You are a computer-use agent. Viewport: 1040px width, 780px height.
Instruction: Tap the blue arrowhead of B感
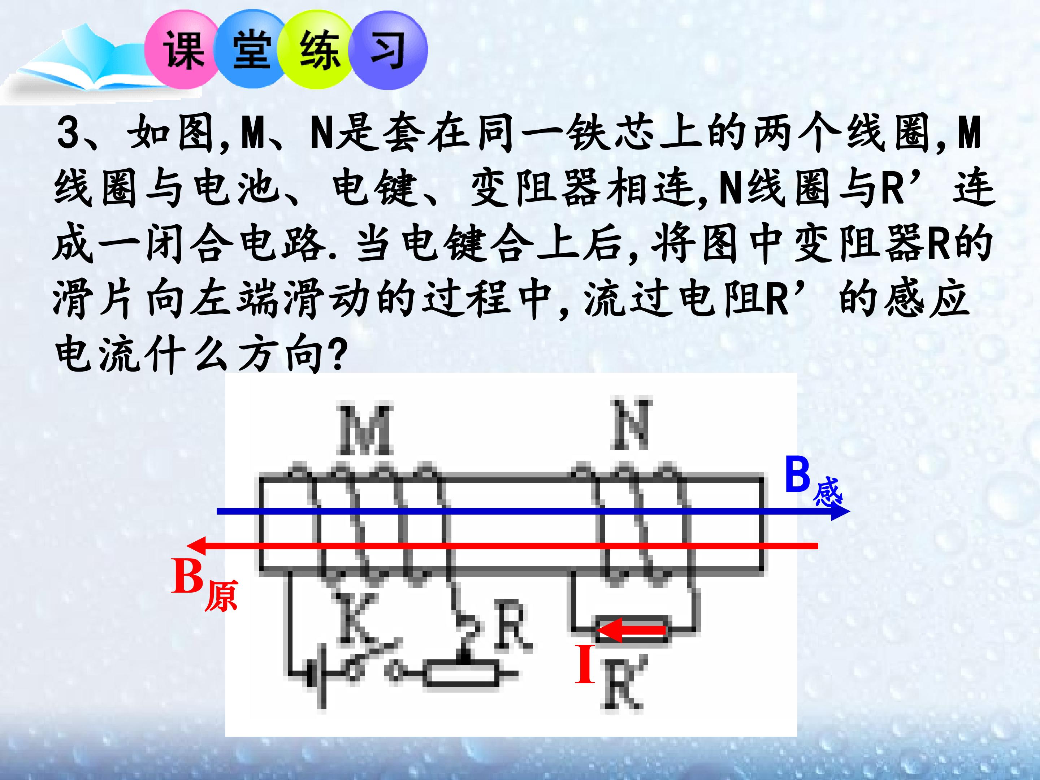(839, 511)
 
